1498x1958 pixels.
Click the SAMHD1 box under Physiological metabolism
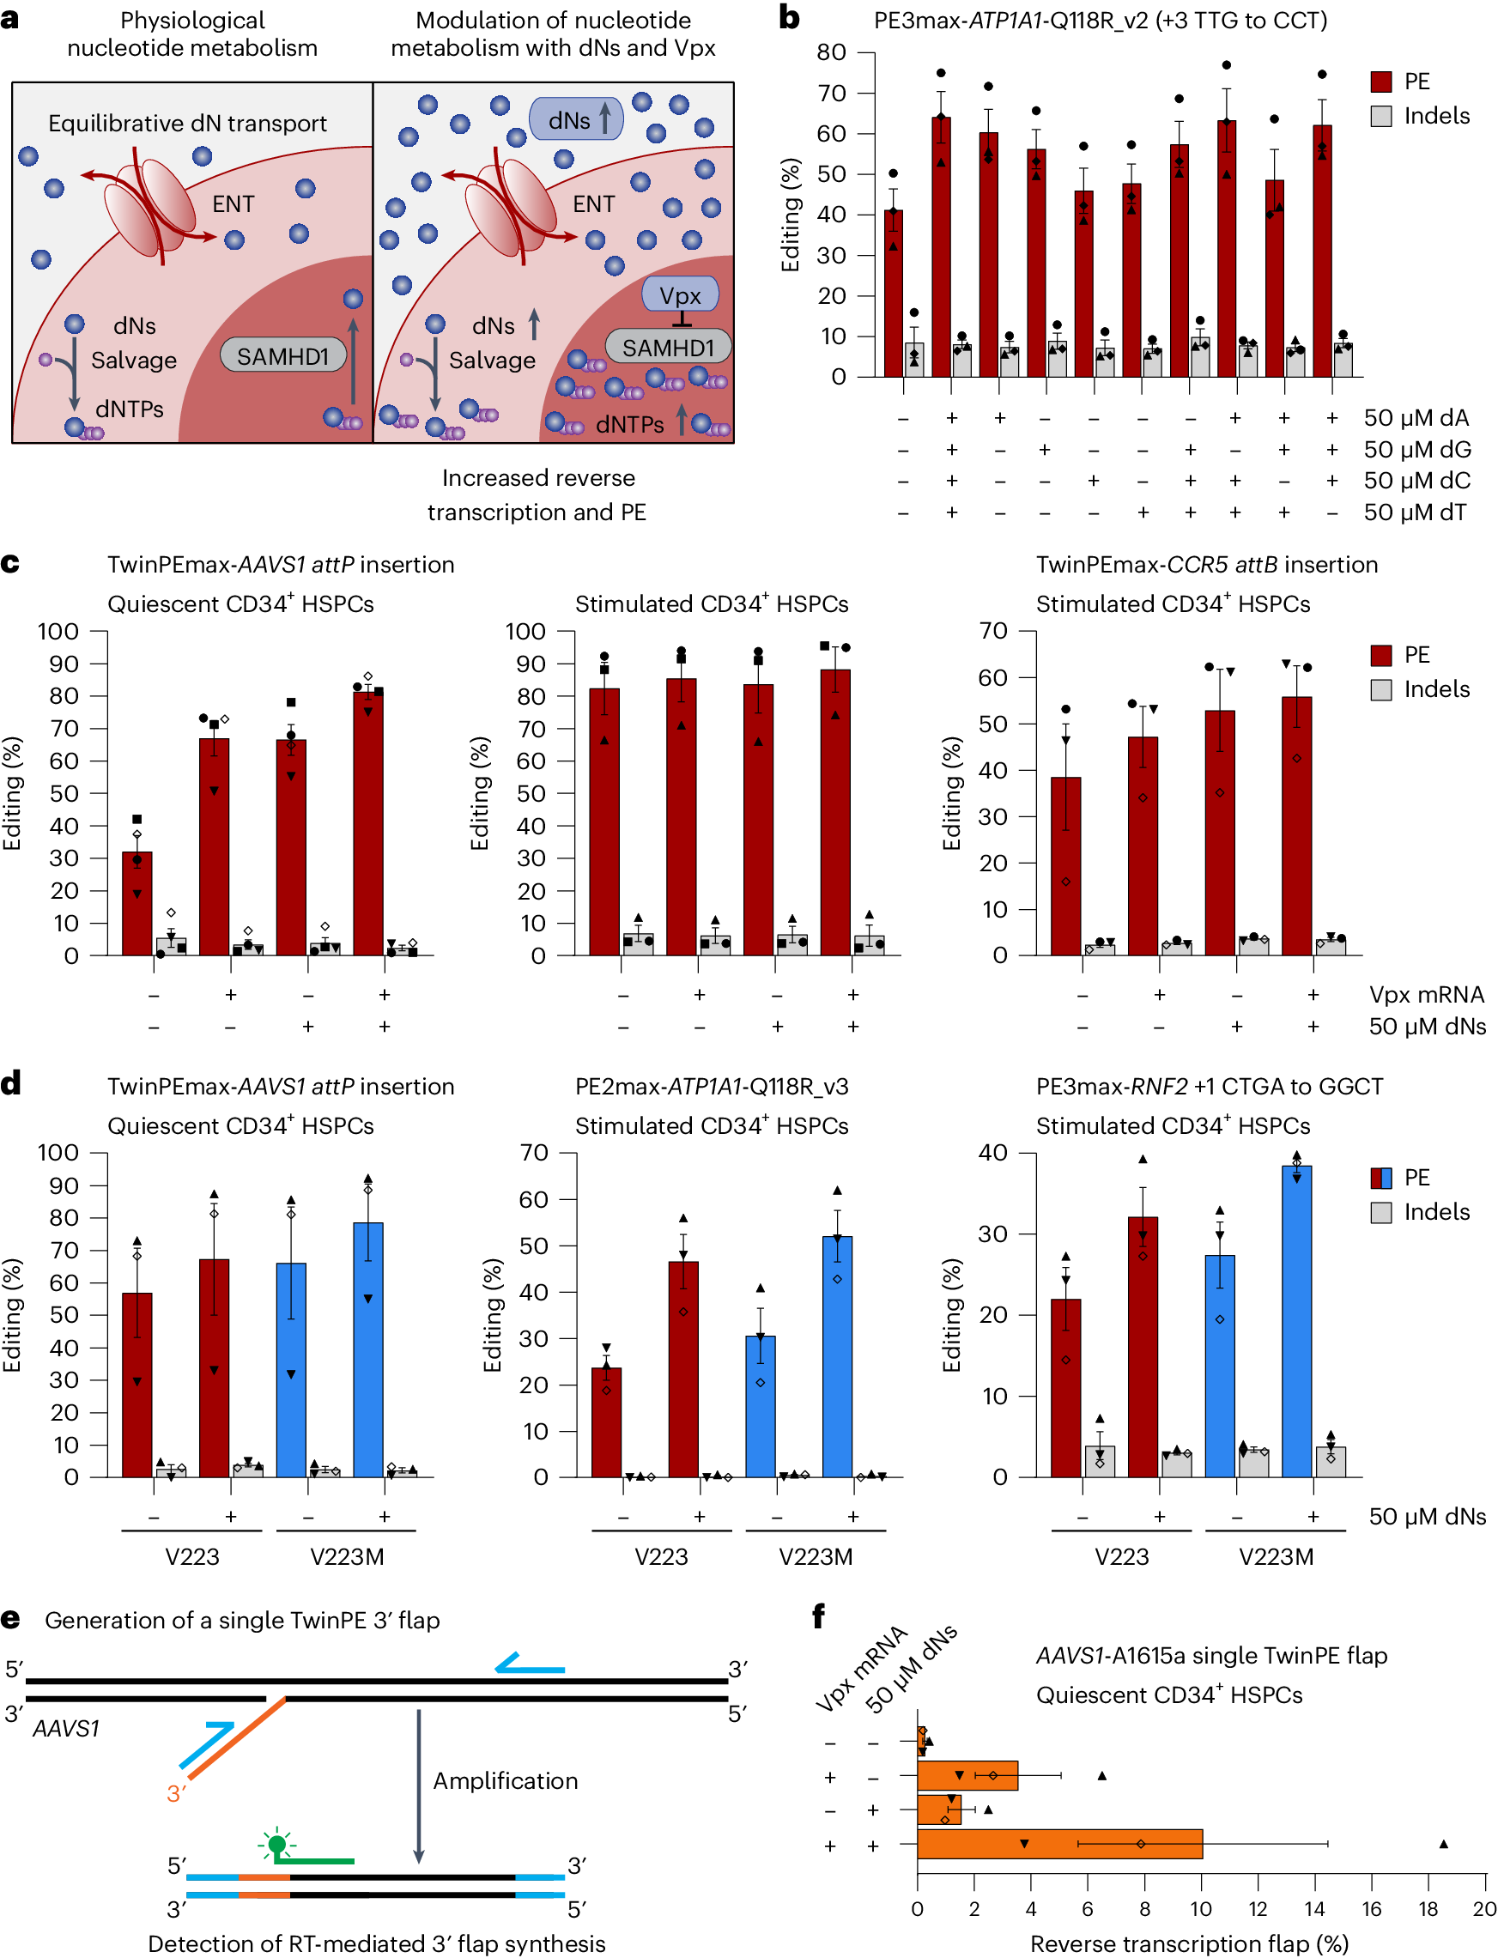(x=282, y=355)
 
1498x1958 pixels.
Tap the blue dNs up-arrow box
(x=576, y=118)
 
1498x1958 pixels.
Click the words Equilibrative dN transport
(x=187, y=123)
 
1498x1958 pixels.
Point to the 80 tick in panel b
(x=832, y=52)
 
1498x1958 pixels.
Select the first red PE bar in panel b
(x=893, y=294)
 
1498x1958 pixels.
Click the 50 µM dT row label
(x=1415, y=512)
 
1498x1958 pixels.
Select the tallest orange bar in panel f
(x=1059, y=1844)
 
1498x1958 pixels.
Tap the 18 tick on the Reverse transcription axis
(x=1428, y=1909)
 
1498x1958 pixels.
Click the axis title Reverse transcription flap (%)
(x=1189, y=1943)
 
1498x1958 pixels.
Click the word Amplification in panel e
(x=506, y=1780)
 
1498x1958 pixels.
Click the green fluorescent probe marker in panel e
(x=277, y=1844)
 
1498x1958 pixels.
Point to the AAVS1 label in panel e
(x=66, y=1728)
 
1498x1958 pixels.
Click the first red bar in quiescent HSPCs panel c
(x=137, y=903)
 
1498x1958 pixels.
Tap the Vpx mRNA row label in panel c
(x=1427, y=994)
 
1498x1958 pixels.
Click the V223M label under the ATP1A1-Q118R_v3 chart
(x=815, y=1557)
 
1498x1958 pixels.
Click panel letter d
(x=10, y=1083)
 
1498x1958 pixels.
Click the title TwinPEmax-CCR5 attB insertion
(x=1206, y=565)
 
